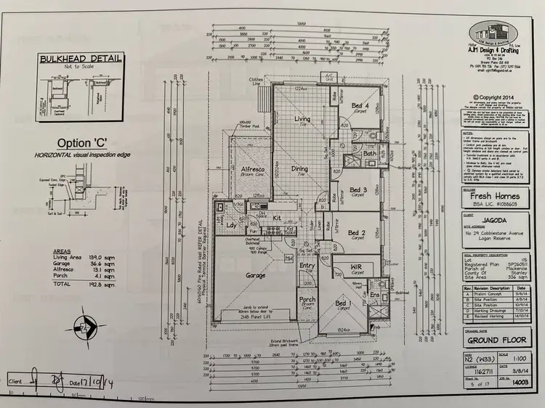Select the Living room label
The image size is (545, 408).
(x=302, y=119)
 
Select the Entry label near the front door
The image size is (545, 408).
(x=307, y=266)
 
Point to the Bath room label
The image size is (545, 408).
(x=369, y=154)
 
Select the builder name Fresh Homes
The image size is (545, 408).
(x=493, y=197)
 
